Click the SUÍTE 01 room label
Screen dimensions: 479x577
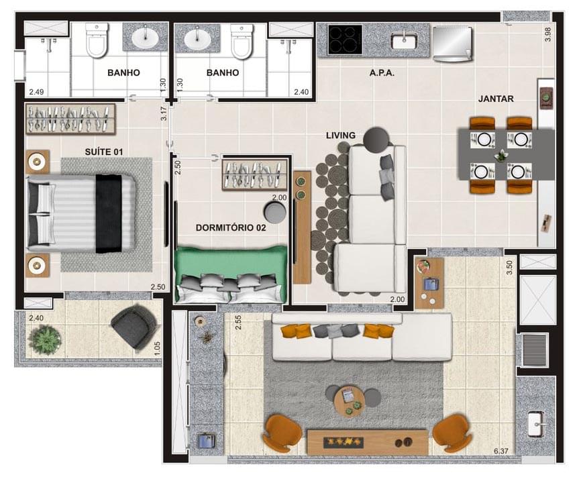click(x=104, y=152)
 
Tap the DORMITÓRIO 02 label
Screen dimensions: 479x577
click(x=231, y=227)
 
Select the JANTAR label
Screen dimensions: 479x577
click(x=496, y=99)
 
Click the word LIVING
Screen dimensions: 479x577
click(x=341, y=136)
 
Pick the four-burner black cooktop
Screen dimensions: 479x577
click(x=345, y=39)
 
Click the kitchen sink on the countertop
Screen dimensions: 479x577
click(x=405, y=41)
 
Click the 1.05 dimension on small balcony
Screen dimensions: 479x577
click(x=157, y=348)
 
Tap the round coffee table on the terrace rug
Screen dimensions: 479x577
click(x=350, y=401)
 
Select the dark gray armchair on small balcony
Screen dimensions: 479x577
click(x=134, y=326)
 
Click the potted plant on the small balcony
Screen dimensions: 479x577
click(x=46, y=339)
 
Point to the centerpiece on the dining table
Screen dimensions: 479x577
click(x=501, y=156)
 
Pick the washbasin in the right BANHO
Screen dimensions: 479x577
click(x=197, y=38)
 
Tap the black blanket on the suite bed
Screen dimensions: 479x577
click(x=108, y=213)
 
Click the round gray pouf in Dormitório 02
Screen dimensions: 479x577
click(x=275, y=212)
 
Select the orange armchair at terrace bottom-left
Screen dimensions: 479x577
click(x=282, y=433)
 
